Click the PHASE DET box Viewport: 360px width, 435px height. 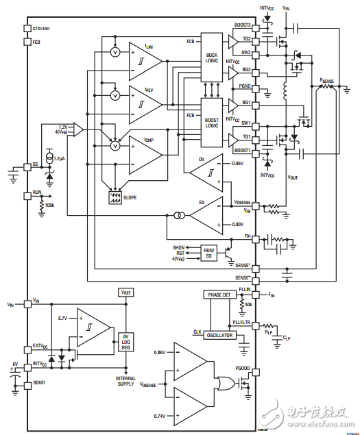(x=219, y=294)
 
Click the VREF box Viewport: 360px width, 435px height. (x=127, y=292)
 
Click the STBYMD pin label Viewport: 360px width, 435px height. (x=42, y=29)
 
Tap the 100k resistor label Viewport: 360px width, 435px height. (x=50, y=205)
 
